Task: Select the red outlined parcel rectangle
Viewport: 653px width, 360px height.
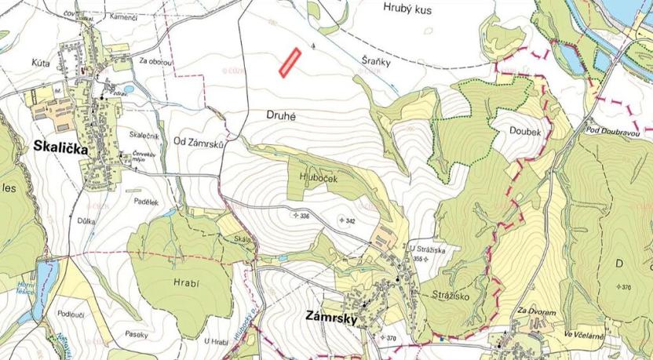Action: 291,63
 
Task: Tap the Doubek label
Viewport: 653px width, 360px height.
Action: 525,133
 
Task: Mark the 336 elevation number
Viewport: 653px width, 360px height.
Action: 305,216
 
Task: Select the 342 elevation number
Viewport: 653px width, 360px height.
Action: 350,221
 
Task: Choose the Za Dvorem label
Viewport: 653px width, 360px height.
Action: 538,312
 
